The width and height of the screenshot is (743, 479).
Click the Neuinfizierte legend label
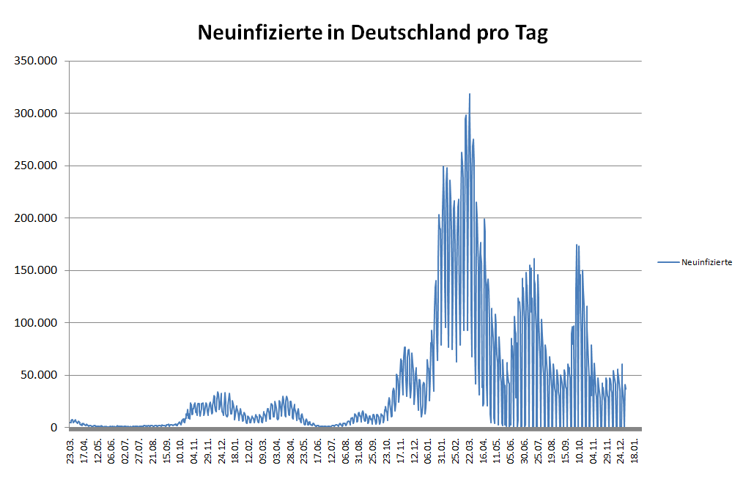coord(706,261)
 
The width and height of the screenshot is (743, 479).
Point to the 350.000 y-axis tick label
coord(37,61)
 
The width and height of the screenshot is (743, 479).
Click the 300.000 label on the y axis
coord(37,113)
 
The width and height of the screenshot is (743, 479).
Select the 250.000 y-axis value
coord(37,166)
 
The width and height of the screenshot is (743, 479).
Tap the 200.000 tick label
coord(37,218)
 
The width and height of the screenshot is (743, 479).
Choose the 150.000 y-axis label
coord(37,270)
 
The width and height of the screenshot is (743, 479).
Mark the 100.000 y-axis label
coord(37,323)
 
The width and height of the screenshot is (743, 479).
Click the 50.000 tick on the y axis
coord(40,375)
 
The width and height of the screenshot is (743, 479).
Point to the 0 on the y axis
coord(53,428)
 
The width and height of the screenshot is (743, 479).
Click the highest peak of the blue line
coord(470,94)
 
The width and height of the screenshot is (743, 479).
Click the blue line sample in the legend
coord(668,261)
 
